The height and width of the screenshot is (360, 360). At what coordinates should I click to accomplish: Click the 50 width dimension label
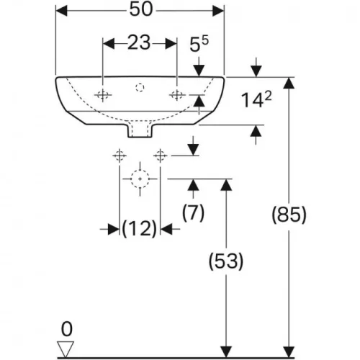[x=141, y=10]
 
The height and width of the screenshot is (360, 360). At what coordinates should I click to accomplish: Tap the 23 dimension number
[x=139, y=43]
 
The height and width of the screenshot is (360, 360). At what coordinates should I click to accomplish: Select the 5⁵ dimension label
[x=199, y=44]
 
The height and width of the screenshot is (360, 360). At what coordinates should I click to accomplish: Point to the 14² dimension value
[x=256, y=99]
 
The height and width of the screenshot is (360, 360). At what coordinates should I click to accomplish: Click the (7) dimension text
[x=193, y=212]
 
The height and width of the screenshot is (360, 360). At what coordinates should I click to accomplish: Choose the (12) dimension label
[x=140, y=228]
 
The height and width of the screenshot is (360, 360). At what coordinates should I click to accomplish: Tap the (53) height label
[x=226, y=261]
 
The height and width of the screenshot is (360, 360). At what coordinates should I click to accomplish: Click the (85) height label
[x=289, y=215]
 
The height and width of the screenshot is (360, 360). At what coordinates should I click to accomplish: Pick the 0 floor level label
[x=66, y=329]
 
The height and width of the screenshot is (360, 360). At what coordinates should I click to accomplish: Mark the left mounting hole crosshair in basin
[x=103, y=95]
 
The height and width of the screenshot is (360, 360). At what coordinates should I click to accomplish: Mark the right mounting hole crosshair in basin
[x=177, y=95]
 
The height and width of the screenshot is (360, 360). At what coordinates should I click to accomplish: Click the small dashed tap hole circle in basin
[x=140, y=87]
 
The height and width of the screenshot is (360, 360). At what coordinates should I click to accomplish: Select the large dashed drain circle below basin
[x=140, y=170]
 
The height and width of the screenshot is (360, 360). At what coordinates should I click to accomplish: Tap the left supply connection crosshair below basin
[x=120, y=156]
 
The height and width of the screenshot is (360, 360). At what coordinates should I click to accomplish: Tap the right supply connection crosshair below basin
[x=161, y=156]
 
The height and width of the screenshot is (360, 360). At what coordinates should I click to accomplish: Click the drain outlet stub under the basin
[x=140, y=131]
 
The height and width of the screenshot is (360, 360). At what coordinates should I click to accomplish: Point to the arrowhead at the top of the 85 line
[x=289, y=83]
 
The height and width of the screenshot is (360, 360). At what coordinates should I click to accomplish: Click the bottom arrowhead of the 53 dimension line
[x=226, y=351]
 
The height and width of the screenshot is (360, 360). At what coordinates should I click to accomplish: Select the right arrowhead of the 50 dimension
[x=218, y=11]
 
